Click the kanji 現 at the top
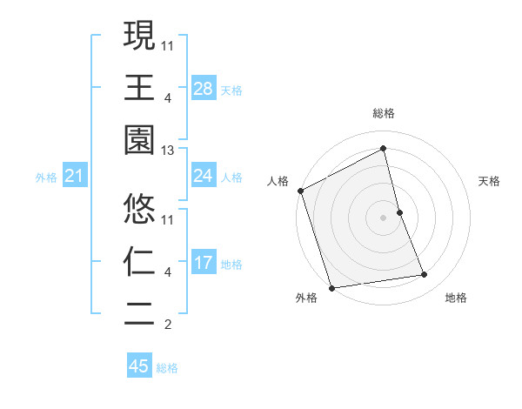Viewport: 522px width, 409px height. click(139, 36)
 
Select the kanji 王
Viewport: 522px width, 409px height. click(139, 88)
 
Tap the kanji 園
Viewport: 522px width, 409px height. click(139, 140)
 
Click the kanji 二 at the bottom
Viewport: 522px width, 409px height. click(139, 312)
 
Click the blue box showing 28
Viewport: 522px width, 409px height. click(204, 89)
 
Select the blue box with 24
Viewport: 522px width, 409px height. click(204, 176)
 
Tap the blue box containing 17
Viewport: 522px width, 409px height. click(204, 263)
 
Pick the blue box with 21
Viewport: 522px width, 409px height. click(75, 177)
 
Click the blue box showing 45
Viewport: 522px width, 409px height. click(139, 366)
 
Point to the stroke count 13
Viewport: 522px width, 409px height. click(168, 151)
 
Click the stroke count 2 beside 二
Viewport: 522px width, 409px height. click(168, 325)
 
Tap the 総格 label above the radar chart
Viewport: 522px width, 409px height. click(384, 113)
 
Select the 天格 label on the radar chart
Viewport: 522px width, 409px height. click(490, 181)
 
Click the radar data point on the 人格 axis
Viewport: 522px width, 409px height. click(301, 191)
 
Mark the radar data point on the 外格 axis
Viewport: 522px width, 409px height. click(331, 287)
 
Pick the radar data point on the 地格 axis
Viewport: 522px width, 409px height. click(425, 275)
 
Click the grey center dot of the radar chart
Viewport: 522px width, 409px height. click(384, 218)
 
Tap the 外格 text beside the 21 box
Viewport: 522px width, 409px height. click(46, 178)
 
